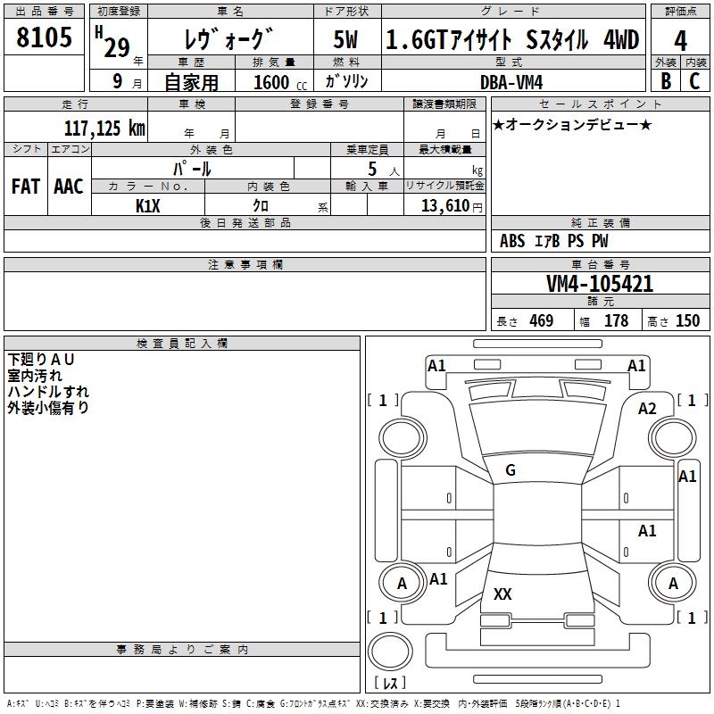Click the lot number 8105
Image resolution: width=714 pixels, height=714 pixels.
[x=44, y=39]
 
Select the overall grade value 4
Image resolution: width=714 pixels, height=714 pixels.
[x=681, y=41]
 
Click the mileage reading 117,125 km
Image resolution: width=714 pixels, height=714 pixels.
[x=104, y=128]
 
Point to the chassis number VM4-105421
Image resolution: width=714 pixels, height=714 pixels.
[x=600, y=285]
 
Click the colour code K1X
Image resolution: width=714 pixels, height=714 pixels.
[x=147, y=204]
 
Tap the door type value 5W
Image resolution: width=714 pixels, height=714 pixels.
[x=347, y=41]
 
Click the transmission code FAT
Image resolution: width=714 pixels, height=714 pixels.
[x=26, y=186]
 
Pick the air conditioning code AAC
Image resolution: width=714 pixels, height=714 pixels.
[x=69, y=186]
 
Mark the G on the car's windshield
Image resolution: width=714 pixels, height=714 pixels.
[x=511, y=470]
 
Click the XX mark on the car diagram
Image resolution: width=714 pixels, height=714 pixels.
[x=503, y=594]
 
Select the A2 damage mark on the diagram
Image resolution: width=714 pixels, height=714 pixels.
[x=647, y=408]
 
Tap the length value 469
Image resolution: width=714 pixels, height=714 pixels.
[x=541, y=321]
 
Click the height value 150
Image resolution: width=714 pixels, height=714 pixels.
[x=687, y=321]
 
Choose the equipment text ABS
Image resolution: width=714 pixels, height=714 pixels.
[x=512, y=241]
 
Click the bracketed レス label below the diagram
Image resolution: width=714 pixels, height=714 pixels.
[x=390, y=683]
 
